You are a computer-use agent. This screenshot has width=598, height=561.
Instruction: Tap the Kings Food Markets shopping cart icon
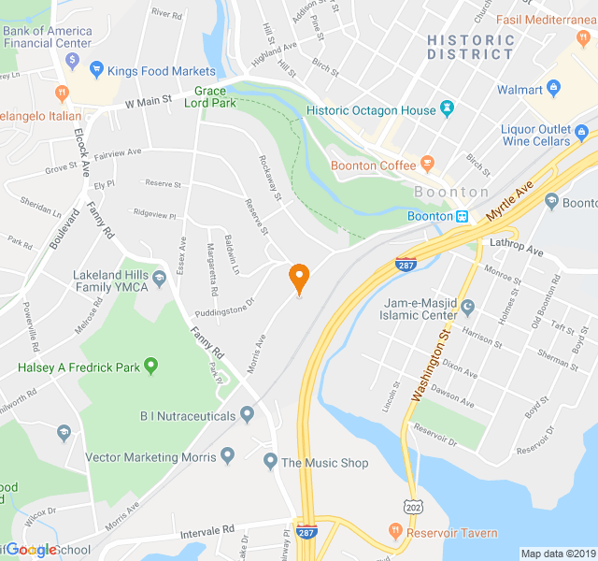[x=95, y=70]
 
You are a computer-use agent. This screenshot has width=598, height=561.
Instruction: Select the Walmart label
[x=520, y=90]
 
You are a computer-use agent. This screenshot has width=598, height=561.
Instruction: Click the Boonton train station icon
[x=462, y=216]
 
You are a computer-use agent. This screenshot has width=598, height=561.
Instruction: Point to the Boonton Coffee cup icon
[x=428, y=165]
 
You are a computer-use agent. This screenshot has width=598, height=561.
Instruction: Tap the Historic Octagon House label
[x=371, y=110]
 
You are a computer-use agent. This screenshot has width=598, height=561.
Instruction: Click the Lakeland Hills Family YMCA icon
[x=159, y=278]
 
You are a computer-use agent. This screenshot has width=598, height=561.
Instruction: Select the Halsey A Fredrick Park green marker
[x=150, y=367]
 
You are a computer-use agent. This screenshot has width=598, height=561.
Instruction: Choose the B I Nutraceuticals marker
[x=247, y=413]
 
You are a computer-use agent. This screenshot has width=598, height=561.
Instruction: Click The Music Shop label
[x=324, y=463]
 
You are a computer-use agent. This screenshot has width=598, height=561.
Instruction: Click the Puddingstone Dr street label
[x=224, y=307]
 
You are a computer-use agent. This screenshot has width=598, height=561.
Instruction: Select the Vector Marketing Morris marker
[x=227, y=457]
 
